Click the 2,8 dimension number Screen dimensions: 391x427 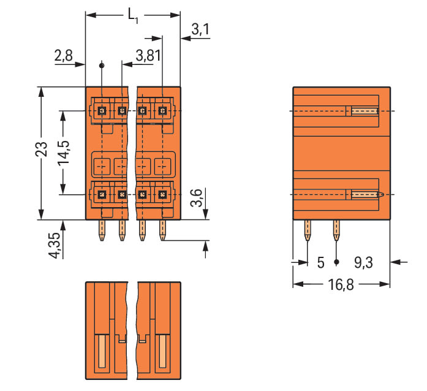[63, 56]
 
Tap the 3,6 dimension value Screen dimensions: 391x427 [196, 200]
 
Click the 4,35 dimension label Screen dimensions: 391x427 [55, 246]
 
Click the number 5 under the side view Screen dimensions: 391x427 [320, 263]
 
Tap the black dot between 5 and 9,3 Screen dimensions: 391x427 [336, 262]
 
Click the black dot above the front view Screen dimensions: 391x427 [102, 65]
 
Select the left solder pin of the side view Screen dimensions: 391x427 [307, 230]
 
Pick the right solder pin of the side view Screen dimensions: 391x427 [336, 230]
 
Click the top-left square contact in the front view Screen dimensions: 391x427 [102, 111]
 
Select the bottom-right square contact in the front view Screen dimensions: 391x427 [162, 194]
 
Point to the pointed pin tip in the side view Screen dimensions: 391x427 [381, 195]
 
